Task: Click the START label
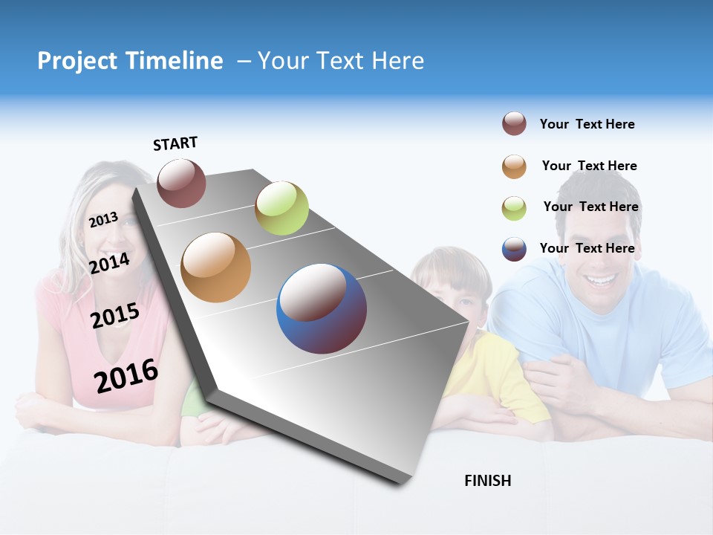coord(175,143)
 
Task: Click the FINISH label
coord(488,481)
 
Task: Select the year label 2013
coord(103,220)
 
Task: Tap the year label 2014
coord(110,263)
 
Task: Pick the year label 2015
coord(115,316)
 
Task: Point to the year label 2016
coord(126,375)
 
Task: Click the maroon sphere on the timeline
coord(181,183)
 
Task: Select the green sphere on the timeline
coord(281,208)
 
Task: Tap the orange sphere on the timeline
coord(216,267)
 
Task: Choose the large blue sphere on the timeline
coord(322,308)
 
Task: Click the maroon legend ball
coord(514,124)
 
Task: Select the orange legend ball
coord(514,166)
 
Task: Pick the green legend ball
coord(514,208)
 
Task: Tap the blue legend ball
coord(514,249)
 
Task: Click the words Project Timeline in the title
coord(130,61)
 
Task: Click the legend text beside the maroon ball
coord(587,124)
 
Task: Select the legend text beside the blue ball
coord(587,248)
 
